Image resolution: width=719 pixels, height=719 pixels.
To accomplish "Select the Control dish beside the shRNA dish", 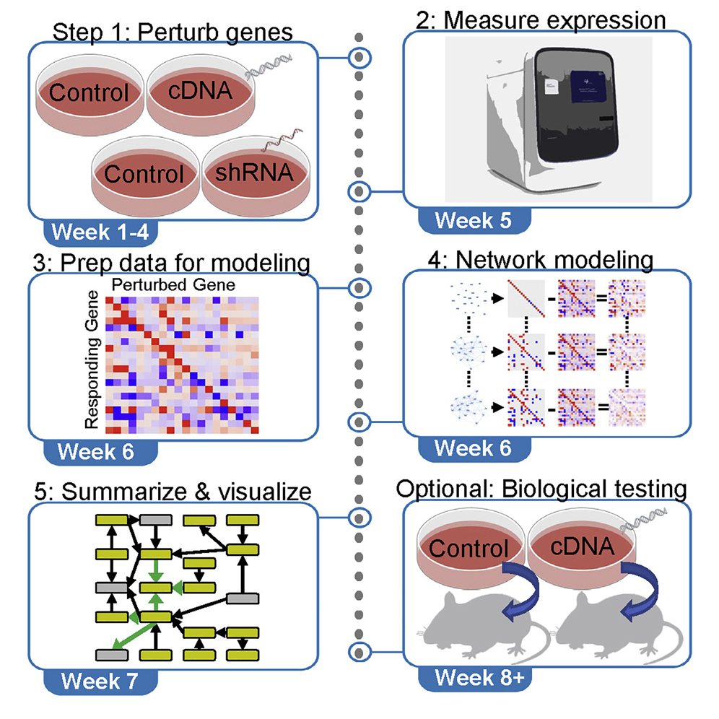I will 143,174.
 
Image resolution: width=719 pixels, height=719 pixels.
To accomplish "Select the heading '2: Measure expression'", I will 541,20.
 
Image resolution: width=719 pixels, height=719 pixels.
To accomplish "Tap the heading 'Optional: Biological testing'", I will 541,489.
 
